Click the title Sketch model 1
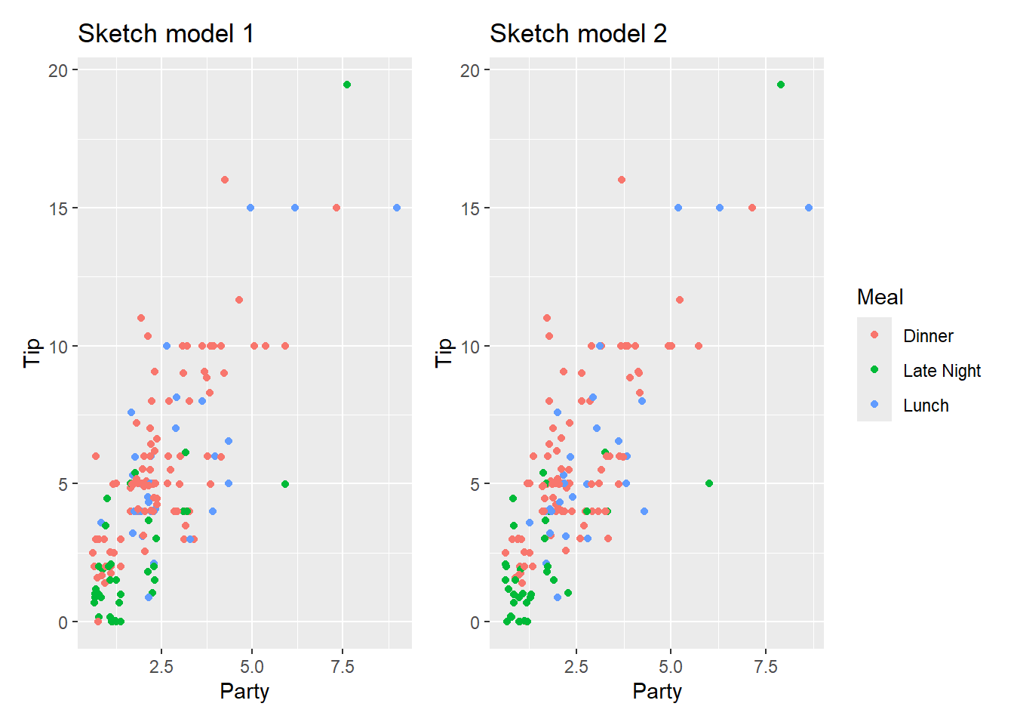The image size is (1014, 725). click(166, 34)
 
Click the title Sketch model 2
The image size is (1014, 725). click(578, 34)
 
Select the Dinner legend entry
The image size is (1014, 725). click(928, 336)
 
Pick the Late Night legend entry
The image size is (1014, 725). click(942, 371)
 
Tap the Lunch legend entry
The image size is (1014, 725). click(926, 406)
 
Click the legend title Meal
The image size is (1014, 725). click(880, 298)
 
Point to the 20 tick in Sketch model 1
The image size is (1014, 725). click(58, 70)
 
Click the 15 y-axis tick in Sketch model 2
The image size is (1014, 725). click(470, 208)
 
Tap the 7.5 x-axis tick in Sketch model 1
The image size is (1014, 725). click(343, 667)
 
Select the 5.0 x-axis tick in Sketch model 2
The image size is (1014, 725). click(671, 667)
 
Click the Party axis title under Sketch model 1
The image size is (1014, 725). click(244, 691)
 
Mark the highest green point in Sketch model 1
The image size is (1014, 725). click(347, 85)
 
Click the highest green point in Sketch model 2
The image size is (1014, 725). click(781, 85)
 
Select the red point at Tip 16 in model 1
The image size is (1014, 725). click(225, 180)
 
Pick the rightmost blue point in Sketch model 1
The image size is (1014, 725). click(397, 208)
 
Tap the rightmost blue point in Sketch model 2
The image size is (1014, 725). click(809, 208)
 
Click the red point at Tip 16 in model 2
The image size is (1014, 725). click(622, 180)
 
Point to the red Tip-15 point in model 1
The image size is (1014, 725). click(336, 208)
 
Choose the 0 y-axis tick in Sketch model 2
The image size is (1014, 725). click(475, 622)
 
